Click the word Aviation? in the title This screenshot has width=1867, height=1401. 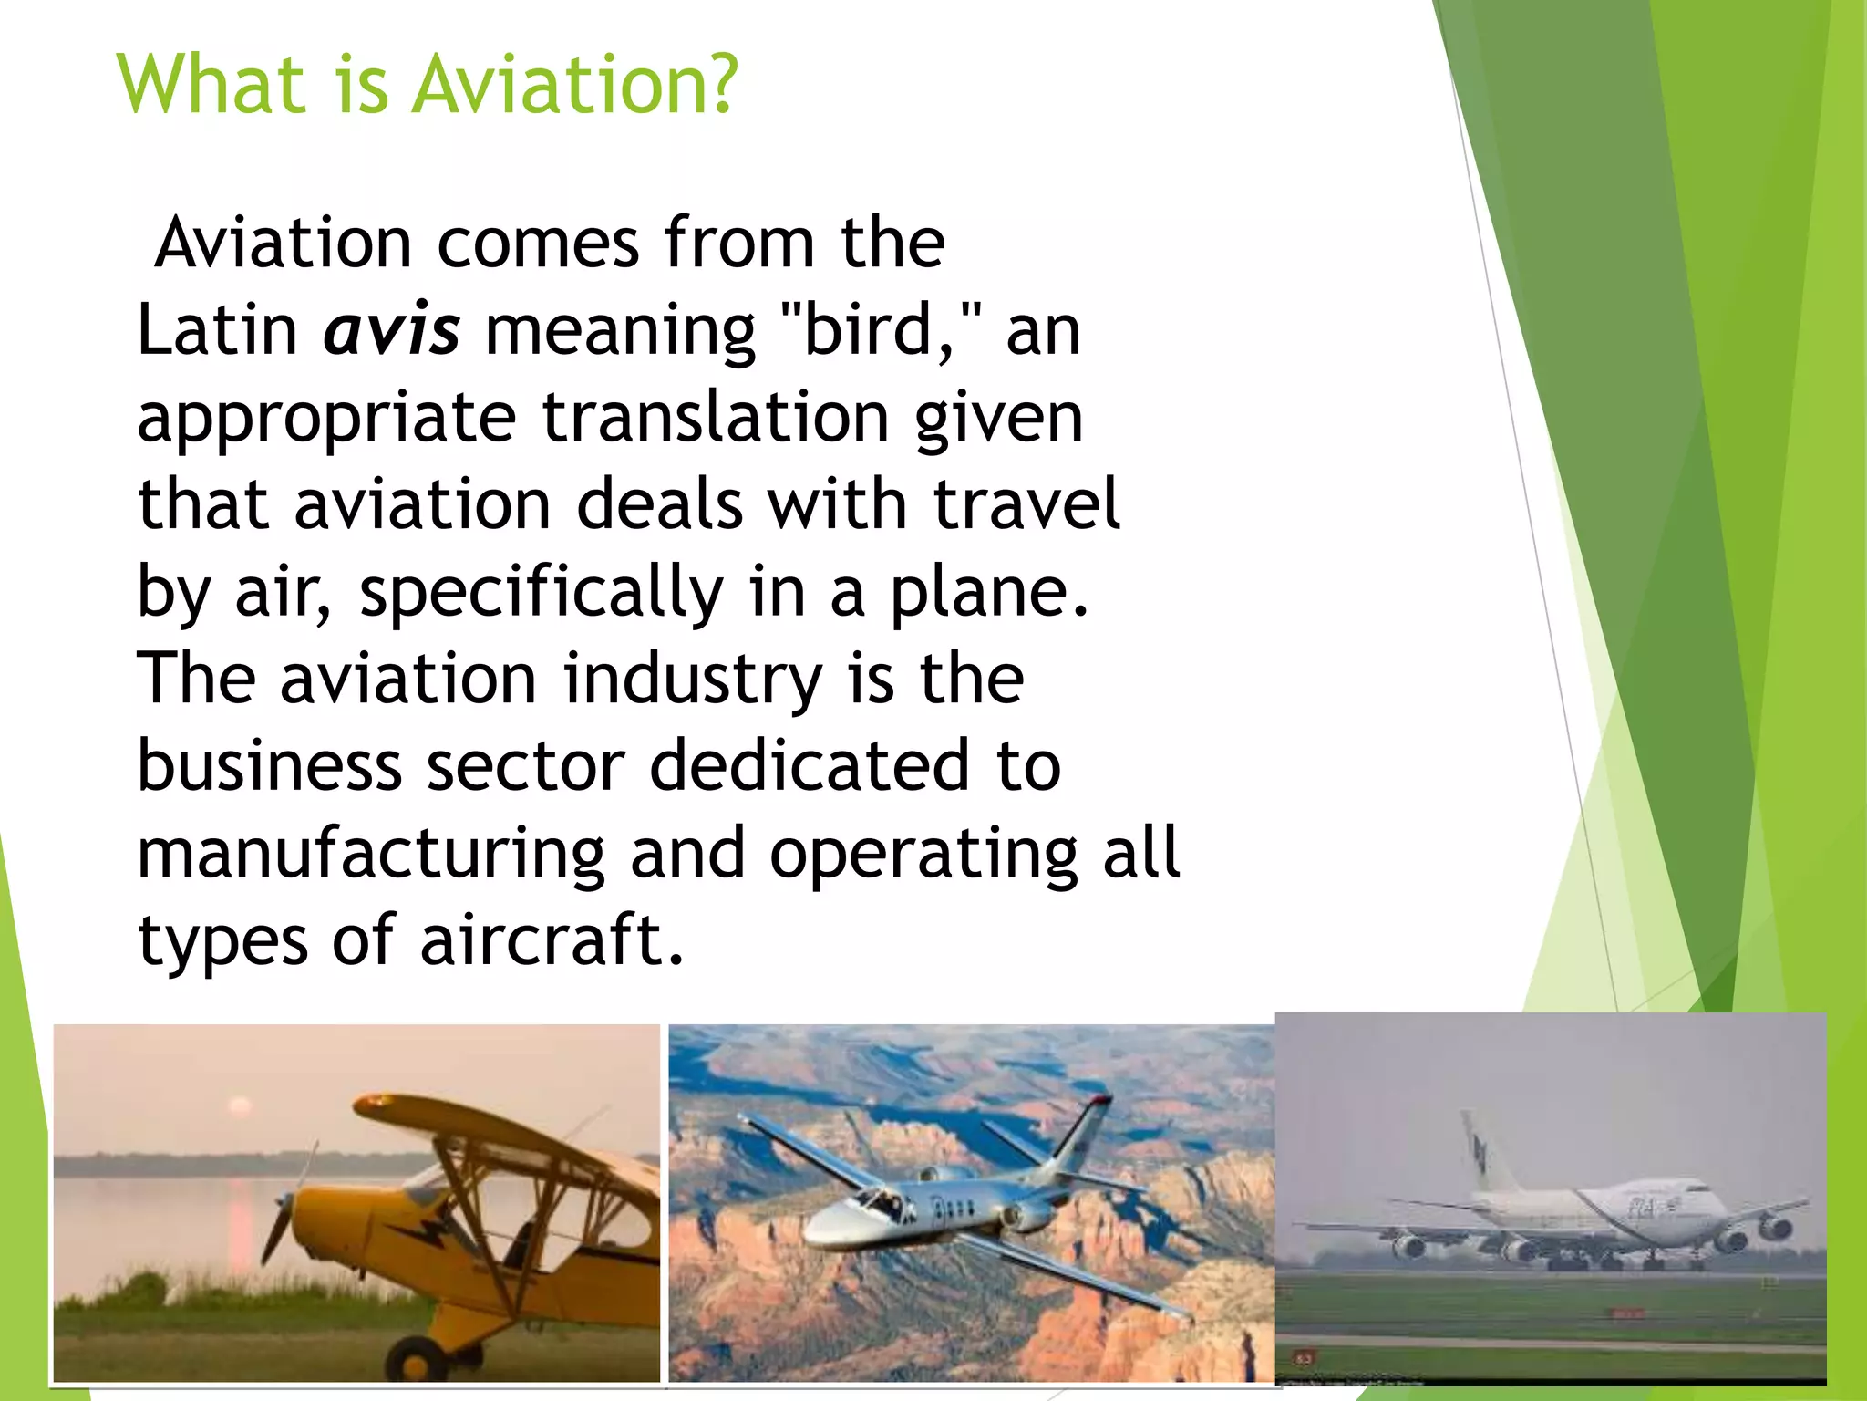[574, 84]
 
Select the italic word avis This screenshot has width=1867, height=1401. [392, 330]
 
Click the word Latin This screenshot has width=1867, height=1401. [217, 330]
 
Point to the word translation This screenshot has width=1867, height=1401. [716, 418]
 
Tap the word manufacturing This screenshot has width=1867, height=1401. [370, 856]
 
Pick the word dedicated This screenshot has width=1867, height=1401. [810, 766]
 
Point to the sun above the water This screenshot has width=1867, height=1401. [240, 1106]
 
